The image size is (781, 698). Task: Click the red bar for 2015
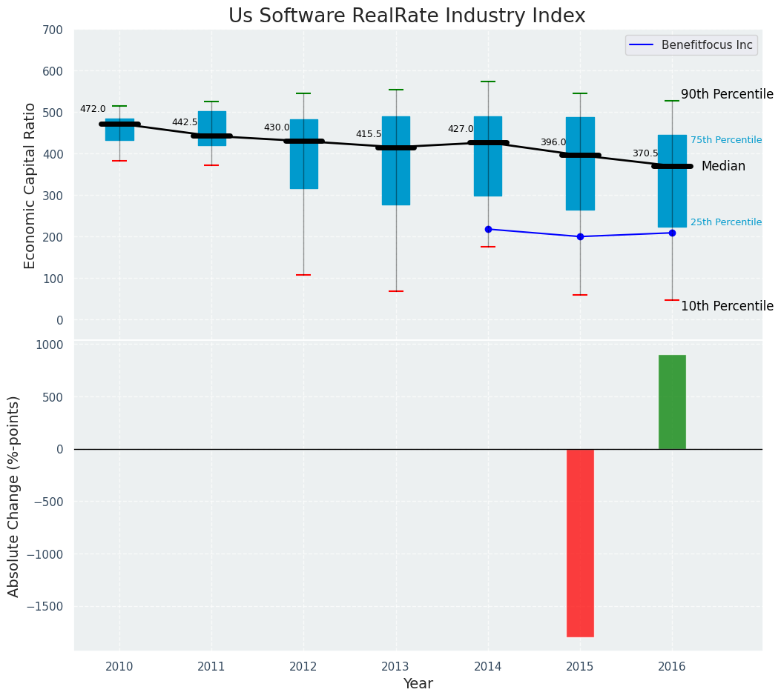point(580,542)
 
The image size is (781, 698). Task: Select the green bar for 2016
point(672,402)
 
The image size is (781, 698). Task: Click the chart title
point(406,16)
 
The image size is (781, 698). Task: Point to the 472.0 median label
point(93,109)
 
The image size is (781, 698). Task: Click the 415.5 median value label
point(369,134)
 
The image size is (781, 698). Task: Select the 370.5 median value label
point(645,153)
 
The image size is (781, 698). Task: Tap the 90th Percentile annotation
point(727,94)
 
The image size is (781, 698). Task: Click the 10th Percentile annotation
point(727,306)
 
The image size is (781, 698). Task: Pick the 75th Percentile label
point(725,140)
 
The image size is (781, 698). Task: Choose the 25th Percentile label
point(725,222)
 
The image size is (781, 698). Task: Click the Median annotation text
point(723,166)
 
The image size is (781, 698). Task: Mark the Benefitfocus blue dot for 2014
point(488,229)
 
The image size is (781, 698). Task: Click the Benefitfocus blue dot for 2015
point(580,236)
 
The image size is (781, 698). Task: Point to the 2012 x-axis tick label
point(303,667)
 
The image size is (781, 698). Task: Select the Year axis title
point(418,684)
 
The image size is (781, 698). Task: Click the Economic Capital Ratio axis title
point(30,185)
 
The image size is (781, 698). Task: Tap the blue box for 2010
point(119,130)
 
